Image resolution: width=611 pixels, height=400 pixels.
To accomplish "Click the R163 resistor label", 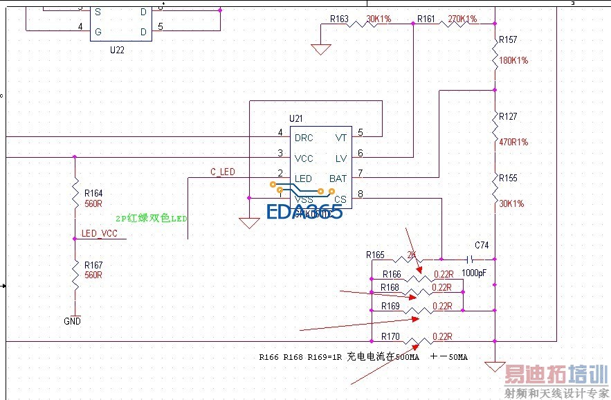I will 339,19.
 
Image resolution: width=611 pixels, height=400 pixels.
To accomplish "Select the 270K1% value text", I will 462,19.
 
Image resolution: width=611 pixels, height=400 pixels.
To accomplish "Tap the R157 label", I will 508,40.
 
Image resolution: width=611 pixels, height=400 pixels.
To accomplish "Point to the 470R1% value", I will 513,143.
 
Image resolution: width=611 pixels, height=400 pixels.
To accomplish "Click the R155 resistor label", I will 508,179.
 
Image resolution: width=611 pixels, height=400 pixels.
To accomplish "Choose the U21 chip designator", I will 295,119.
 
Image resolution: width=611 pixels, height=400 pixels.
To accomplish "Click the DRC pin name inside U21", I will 304,138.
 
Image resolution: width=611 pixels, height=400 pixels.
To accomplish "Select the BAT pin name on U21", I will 338,179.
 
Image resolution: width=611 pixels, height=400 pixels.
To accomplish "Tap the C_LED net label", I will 223,172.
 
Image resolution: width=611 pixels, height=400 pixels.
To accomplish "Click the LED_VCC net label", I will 100,234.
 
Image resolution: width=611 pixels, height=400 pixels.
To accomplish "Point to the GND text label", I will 72,321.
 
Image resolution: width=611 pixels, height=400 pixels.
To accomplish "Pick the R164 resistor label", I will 93,193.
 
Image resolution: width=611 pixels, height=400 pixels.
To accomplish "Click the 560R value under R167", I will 93,275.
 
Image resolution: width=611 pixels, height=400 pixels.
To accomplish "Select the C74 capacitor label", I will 482,246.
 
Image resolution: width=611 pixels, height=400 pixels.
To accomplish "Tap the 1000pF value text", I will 474,273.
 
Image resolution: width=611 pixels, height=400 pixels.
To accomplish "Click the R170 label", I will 390,337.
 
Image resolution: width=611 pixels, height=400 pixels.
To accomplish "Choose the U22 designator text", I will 117,51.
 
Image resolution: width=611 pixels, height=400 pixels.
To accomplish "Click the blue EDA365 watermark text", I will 304,211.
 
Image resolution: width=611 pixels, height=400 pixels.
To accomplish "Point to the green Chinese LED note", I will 152,218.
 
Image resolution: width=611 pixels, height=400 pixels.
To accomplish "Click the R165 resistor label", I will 376,255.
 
